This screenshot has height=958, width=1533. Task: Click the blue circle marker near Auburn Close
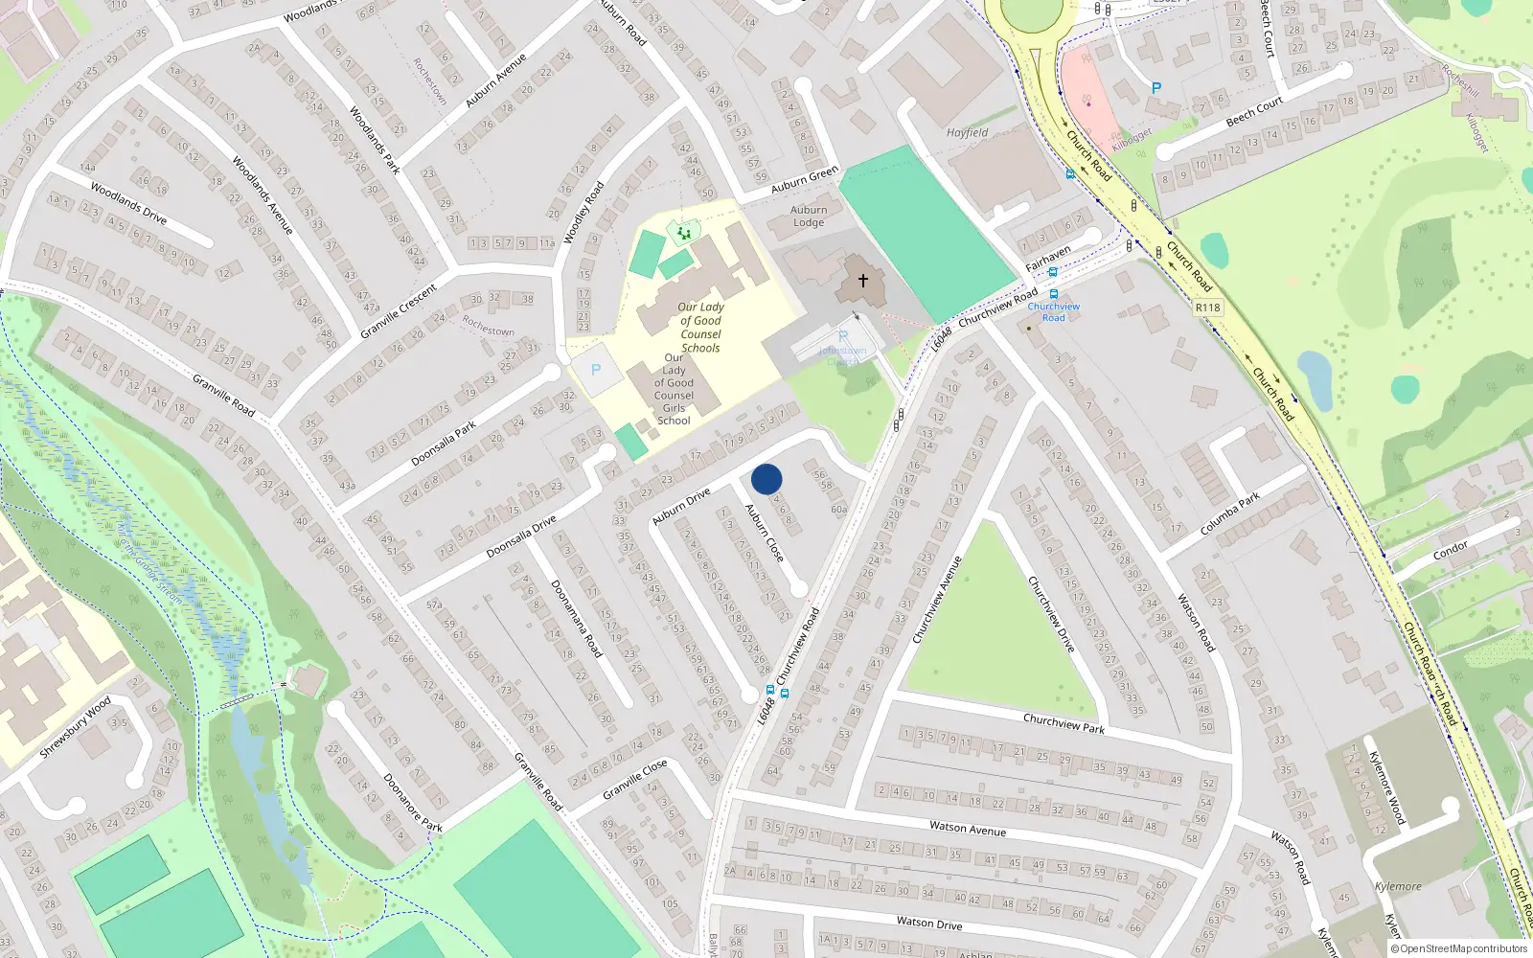pos(766,479)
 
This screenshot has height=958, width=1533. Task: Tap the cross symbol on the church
pos(863,281)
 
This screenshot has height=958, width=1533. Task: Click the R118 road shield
pos(1208,308)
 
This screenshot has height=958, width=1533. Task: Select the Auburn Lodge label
pos(809,217)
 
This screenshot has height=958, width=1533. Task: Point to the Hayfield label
pos(967,133)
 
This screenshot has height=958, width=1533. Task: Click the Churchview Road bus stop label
pos(1053,312)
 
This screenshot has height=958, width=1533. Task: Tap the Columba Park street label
pos(1230,515)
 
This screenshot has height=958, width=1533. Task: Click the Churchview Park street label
pos(1064,723)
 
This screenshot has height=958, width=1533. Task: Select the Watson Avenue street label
pos(968,829)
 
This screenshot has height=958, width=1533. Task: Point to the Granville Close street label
pos(635,780)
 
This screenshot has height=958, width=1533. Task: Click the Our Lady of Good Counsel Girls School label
pos(674,389)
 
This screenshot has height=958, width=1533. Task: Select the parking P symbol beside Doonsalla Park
pos(596,371)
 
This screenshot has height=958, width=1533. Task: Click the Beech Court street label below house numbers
pos(1254,112)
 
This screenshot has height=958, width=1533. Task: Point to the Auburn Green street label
pos(805,179)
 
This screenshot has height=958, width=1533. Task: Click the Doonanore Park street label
pos(413,803)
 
